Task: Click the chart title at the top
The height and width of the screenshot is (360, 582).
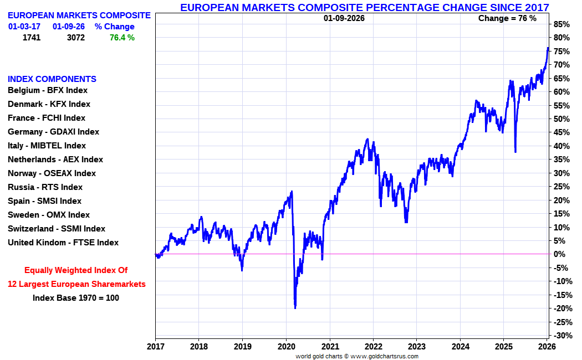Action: click(x=365, y=7)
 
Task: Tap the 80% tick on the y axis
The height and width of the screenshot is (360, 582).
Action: click(x=561, y=38)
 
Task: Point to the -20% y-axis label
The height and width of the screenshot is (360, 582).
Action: click(x=563, y=308)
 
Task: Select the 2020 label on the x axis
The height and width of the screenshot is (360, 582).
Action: click(x=286, y=347)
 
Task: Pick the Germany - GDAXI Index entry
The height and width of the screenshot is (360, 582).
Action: click(x=53, y=132)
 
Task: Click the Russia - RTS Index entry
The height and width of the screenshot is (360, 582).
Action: click(x=45, y=187)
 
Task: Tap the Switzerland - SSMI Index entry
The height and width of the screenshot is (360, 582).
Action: click(x=56, y=229)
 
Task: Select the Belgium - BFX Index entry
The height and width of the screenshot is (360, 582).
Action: click(x=48, y=90)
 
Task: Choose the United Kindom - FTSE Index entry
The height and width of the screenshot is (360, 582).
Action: click(x=63, y=243)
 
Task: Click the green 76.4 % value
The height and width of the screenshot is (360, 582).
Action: click(x=122, y=38)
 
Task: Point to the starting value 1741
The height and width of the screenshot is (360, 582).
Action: click(x=32, y=38)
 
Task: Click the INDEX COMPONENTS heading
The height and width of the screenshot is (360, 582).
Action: click(x=52, y=79)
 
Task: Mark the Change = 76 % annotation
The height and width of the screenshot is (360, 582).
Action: click(x=507, y=18)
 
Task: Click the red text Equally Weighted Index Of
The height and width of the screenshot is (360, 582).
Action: click(x=76, y=270)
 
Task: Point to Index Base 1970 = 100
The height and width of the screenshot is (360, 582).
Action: click(x=76, y=298)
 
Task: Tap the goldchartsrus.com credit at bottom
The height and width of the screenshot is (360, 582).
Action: click(x=357, y=356)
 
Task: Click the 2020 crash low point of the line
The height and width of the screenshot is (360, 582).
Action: click(x=295, y=307)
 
